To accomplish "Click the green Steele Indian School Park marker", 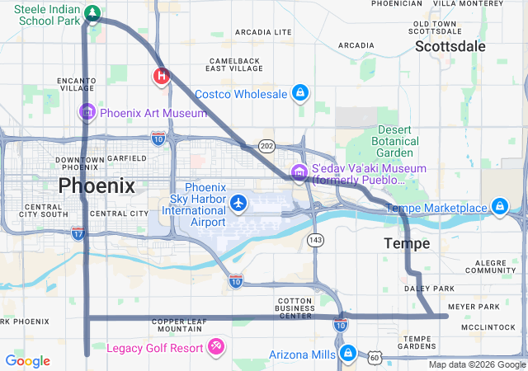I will [x=92, y=13].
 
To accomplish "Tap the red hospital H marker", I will [x=162, y=77].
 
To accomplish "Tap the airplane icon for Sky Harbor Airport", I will [x=239, y=202].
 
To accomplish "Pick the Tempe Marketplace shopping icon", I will [x=499, y=206].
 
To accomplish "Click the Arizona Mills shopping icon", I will [x=348, y=354].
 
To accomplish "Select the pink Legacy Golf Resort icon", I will [x=216, y=347].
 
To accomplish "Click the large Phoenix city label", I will [x=97, y=185].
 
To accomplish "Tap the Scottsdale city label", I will [x=450, y=46].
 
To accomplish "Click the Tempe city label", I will [x=407, y=244].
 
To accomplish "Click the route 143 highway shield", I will [x=315, y=239].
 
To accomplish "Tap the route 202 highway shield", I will [x=266, y=145].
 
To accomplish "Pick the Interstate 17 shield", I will [x=78, y=233].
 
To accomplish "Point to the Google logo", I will [x=27, y=360].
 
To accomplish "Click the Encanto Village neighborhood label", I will [x=77, y=83].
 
